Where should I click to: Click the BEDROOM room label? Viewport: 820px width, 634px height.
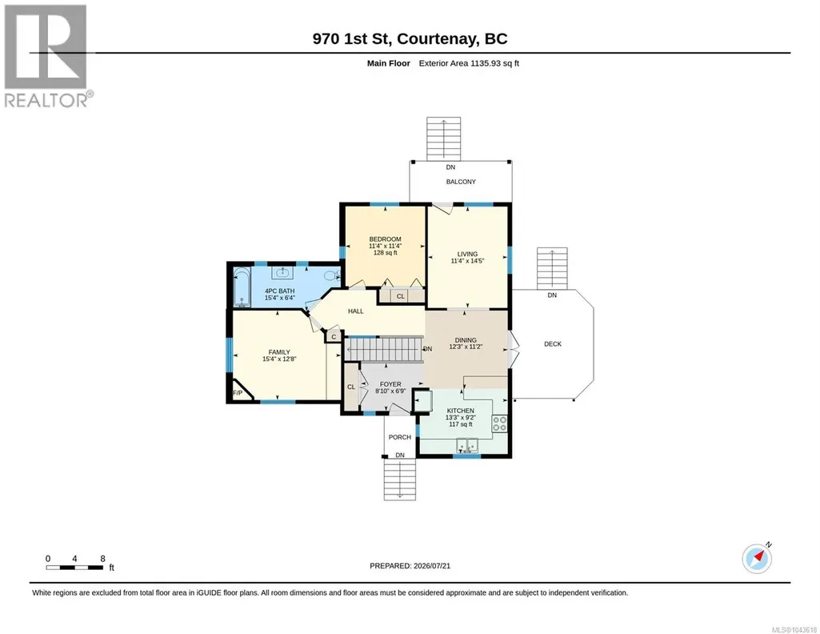pos(385,239)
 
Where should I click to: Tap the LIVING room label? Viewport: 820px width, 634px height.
pos(467,254)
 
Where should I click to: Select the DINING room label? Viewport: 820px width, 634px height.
pos(466,340)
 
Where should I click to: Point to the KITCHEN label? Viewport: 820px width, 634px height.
pos(460,411)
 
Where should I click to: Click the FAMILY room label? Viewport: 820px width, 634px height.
pos(279,352)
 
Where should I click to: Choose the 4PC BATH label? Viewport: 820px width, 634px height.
pos(279,291)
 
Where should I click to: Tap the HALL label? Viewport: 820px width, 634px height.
pos(356,311)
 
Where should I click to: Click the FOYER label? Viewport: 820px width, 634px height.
pos(390,384)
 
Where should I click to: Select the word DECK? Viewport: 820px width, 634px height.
pos(553,344)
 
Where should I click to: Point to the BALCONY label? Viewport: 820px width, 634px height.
pos(461,182)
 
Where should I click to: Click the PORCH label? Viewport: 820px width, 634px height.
pos(400,437)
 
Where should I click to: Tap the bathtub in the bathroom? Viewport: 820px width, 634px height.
pos(242,287)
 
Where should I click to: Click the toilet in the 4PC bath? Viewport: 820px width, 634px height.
pos(331,275)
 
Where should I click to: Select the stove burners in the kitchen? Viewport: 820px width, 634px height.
pos(499,423)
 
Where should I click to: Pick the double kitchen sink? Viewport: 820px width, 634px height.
pos(467,445)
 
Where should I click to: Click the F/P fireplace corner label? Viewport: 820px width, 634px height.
pos(238,393)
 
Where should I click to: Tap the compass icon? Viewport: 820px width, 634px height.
pos(757,559)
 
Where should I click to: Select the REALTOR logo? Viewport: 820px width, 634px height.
pos(48,56)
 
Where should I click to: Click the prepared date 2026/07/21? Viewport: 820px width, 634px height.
pos(432,566)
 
